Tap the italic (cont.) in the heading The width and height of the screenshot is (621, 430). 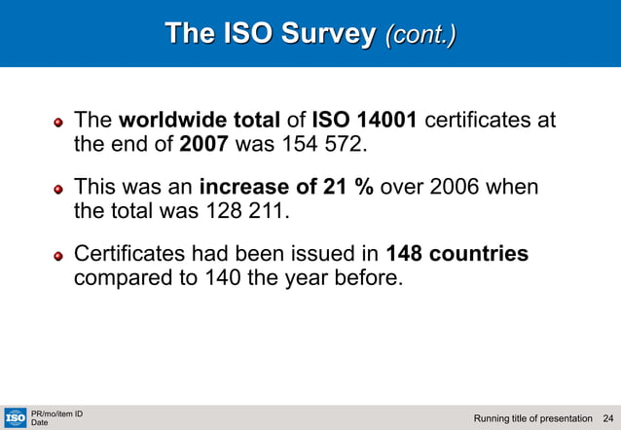[420, 35]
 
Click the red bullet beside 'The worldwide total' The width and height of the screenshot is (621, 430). [59, 123]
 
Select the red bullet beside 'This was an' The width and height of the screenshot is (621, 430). [59, 188]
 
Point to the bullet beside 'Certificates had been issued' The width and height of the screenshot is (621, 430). [59, 256]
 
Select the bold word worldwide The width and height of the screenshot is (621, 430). [174, 121]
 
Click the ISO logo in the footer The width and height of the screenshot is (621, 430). [15, 417]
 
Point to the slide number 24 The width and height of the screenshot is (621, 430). [608, 418]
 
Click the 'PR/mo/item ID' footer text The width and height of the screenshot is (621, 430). [56, 413]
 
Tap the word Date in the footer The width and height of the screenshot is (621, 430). [40, 423]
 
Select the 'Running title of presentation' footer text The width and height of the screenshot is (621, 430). [532, 418]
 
